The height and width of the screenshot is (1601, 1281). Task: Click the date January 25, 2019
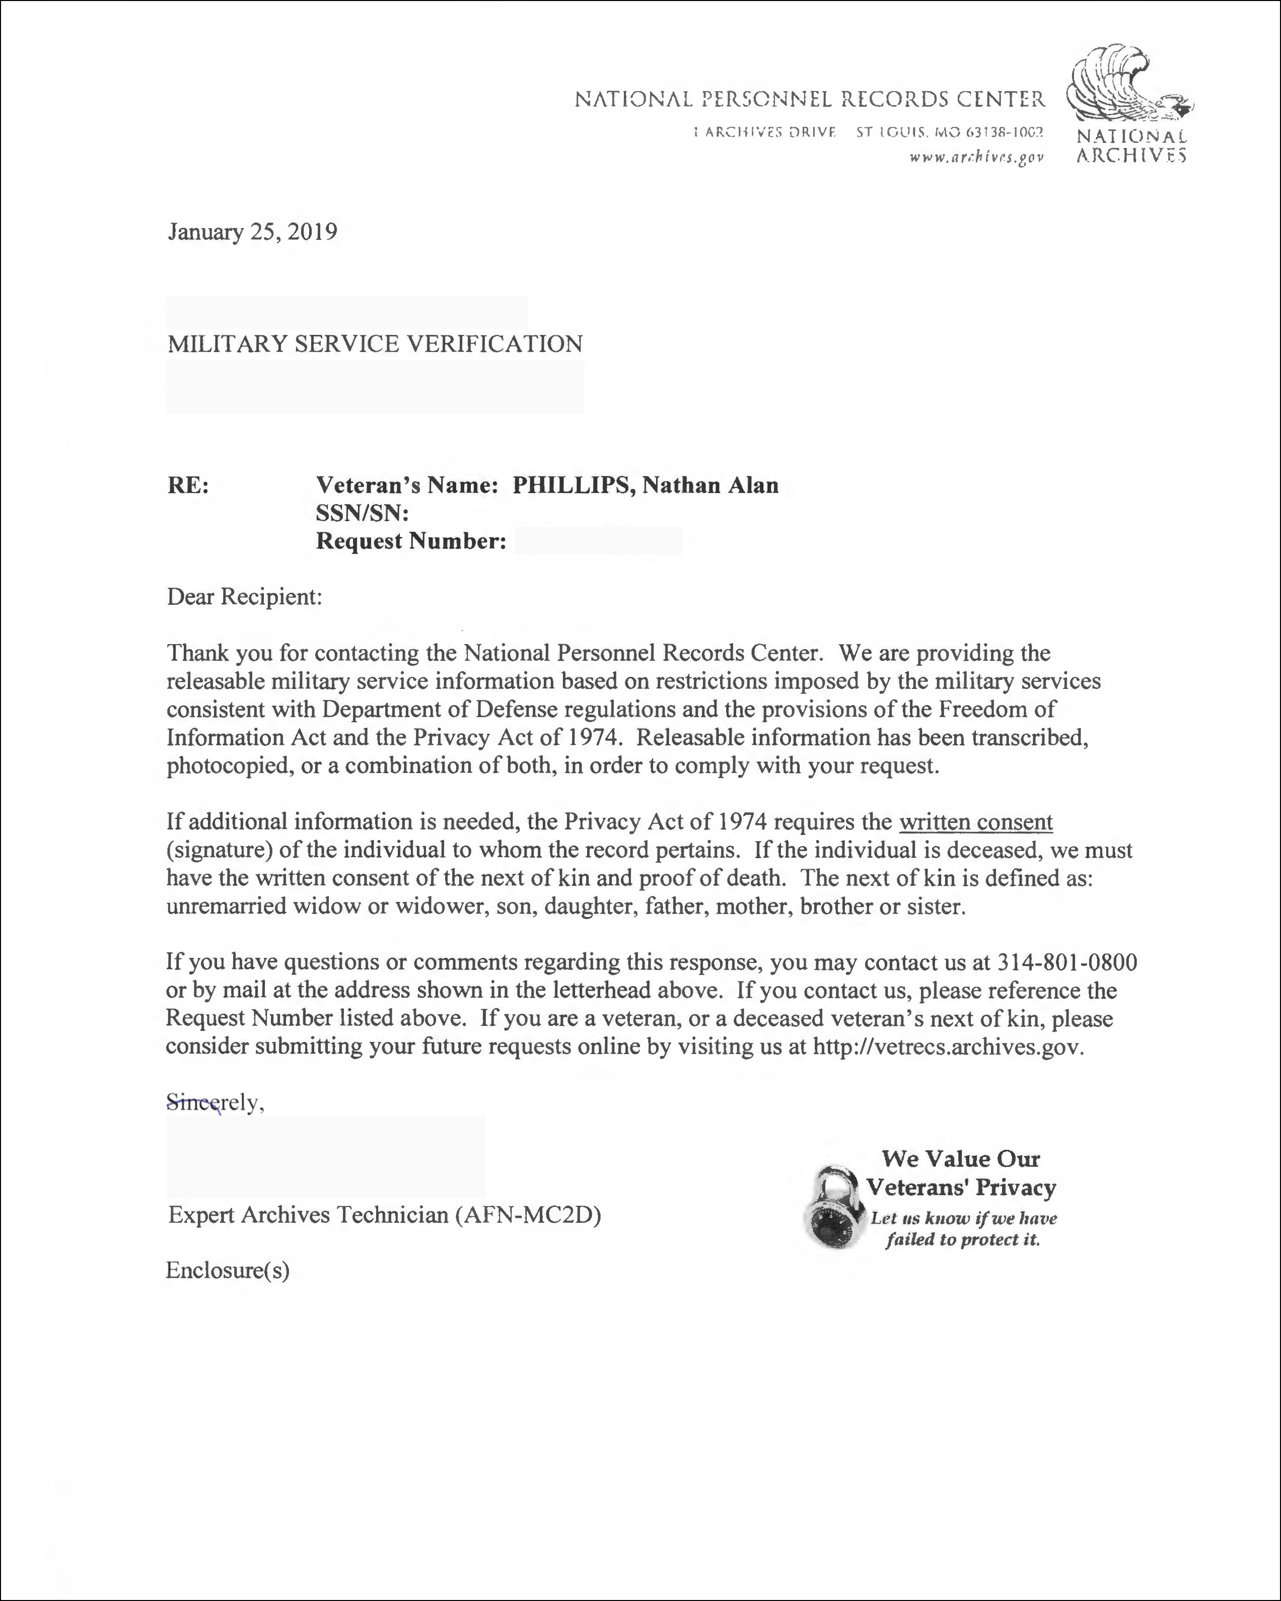tap(252, 233)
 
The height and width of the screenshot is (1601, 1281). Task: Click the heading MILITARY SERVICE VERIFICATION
tap(375, 344)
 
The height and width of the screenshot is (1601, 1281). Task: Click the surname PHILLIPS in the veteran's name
tap(574, 485)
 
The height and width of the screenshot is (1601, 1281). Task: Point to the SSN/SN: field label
tap(363, 513)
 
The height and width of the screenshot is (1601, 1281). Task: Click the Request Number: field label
tap(411, 541)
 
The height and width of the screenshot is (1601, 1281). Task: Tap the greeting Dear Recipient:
tap(244, 597)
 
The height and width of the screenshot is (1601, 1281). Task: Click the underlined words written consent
tap(976, 822)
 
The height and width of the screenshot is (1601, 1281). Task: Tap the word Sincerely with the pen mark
tap(214, 1103)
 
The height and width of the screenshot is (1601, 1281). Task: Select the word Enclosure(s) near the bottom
tap(227, 1271)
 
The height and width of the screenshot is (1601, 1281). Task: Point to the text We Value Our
tap(960, 1159)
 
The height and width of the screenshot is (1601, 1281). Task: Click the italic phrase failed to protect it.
tap(962, 1240)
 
